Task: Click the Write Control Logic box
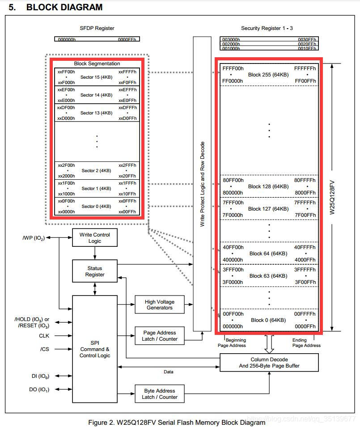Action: tap(95, 238)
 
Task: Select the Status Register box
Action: tap(95, 271)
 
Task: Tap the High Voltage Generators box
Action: tap(159, 304)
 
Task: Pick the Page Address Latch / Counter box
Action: tap(160, 336)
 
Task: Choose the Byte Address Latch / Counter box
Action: tap(160, 394)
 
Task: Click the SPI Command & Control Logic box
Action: tap(95, 349)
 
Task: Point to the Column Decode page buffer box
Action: tap(269, 363)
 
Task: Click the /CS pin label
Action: tap(44, 349)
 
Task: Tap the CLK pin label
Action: tap(44, 335)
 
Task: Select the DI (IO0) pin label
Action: tap(39, 376)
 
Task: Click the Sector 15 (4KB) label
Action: tap(96, 77)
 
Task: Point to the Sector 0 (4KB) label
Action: tap(96, 206)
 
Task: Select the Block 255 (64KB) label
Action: tap(268, 74)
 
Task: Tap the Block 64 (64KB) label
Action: tap(268, 254)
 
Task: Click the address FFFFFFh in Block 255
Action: tap(305, 68)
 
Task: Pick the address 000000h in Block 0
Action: tap(233, 326)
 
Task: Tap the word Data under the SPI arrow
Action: tap(168, 372)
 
